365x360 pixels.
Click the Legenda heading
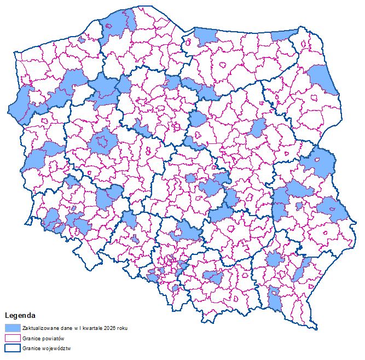[20, 316]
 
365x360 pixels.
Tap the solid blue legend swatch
[12, 327]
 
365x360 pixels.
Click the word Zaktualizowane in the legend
[40, 327]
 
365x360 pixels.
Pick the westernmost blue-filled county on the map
[21, 107]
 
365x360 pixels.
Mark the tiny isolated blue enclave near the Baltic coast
[82, 39]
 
